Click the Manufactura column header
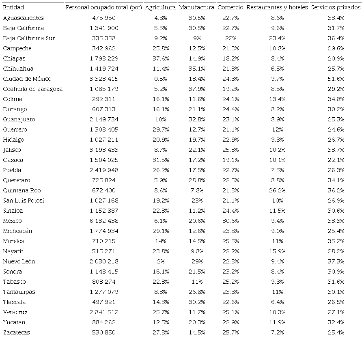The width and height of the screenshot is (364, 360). (196, 8)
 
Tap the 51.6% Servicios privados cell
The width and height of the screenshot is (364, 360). (336, 79)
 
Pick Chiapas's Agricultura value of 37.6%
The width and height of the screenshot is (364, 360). (160, 58)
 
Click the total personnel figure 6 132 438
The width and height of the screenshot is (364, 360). (104, 221)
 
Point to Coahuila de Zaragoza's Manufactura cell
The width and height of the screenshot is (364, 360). (196, 89)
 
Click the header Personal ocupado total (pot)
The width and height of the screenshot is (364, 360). (104, 8)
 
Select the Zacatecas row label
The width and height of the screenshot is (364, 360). (16, 332)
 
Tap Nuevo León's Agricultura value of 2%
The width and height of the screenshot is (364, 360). (160, 261)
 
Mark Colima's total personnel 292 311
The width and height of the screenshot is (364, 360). (104, 99)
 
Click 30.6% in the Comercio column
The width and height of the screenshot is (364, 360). (230, 221)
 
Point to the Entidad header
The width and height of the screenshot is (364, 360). (13, 8)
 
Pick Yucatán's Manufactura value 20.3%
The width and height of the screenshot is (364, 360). (196, 322)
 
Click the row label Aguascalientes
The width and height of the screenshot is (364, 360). (23, 18)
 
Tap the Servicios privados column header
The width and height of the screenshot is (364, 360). (336, 8)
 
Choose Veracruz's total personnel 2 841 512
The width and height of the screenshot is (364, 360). (104, 312)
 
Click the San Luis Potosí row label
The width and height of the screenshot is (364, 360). (24, 200)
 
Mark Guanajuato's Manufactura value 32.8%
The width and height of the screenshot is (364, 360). (196, 119)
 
